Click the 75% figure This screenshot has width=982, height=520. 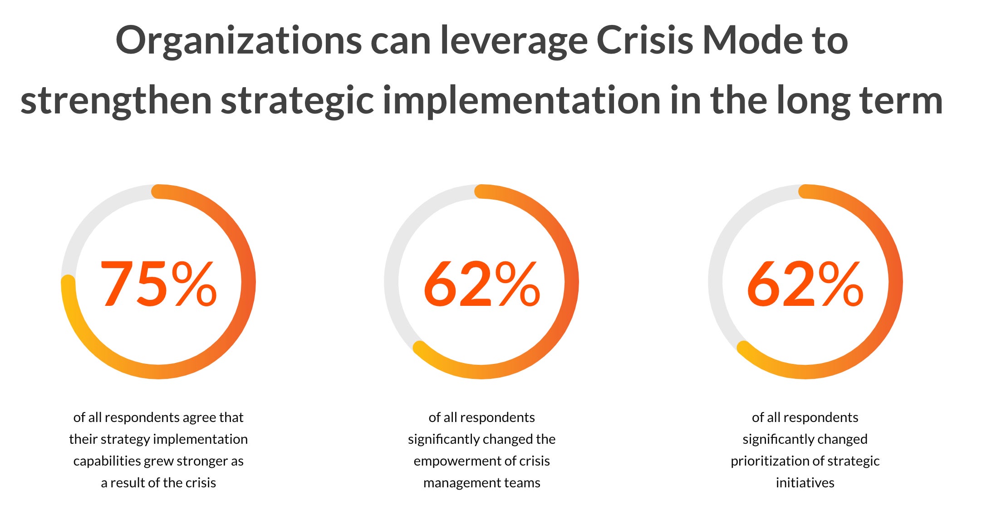coord(158,284)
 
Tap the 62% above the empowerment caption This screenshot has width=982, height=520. coord(481,284)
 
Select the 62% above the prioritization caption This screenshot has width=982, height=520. coord(805,284)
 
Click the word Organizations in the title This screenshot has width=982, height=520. coord(239,41)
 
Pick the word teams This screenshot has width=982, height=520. coord(522,483)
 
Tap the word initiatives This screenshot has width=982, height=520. coord(805,482)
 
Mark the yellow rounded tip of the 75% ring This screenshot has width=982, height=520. coord(68,282)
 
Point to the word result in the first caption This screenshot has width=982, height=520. coord(125,483)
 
